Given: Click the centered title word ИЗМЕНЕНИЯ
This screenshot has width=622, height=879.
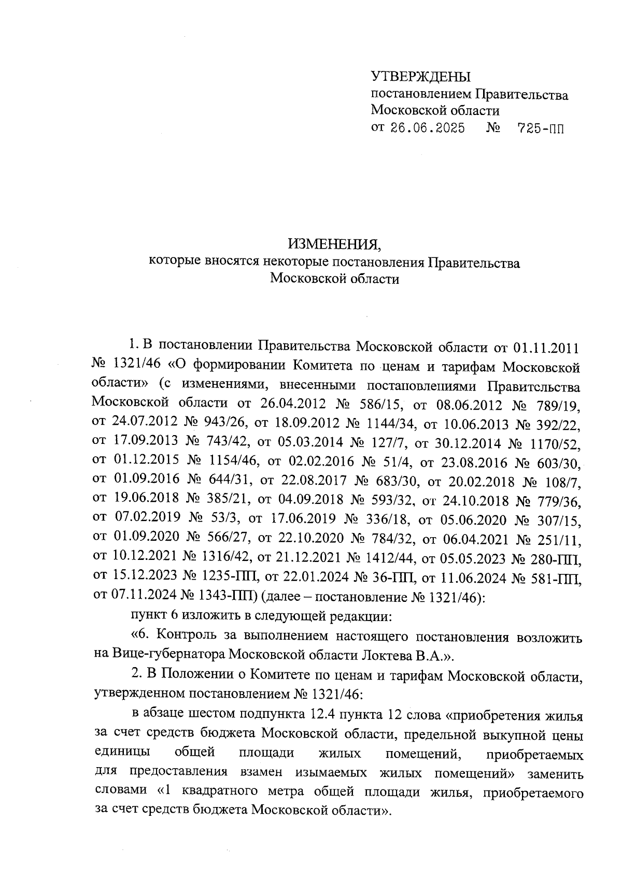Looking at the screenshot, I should tap(337, 243).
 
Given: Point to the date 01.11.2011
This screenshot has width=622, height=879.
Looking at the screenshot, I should tap(546, 346).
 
